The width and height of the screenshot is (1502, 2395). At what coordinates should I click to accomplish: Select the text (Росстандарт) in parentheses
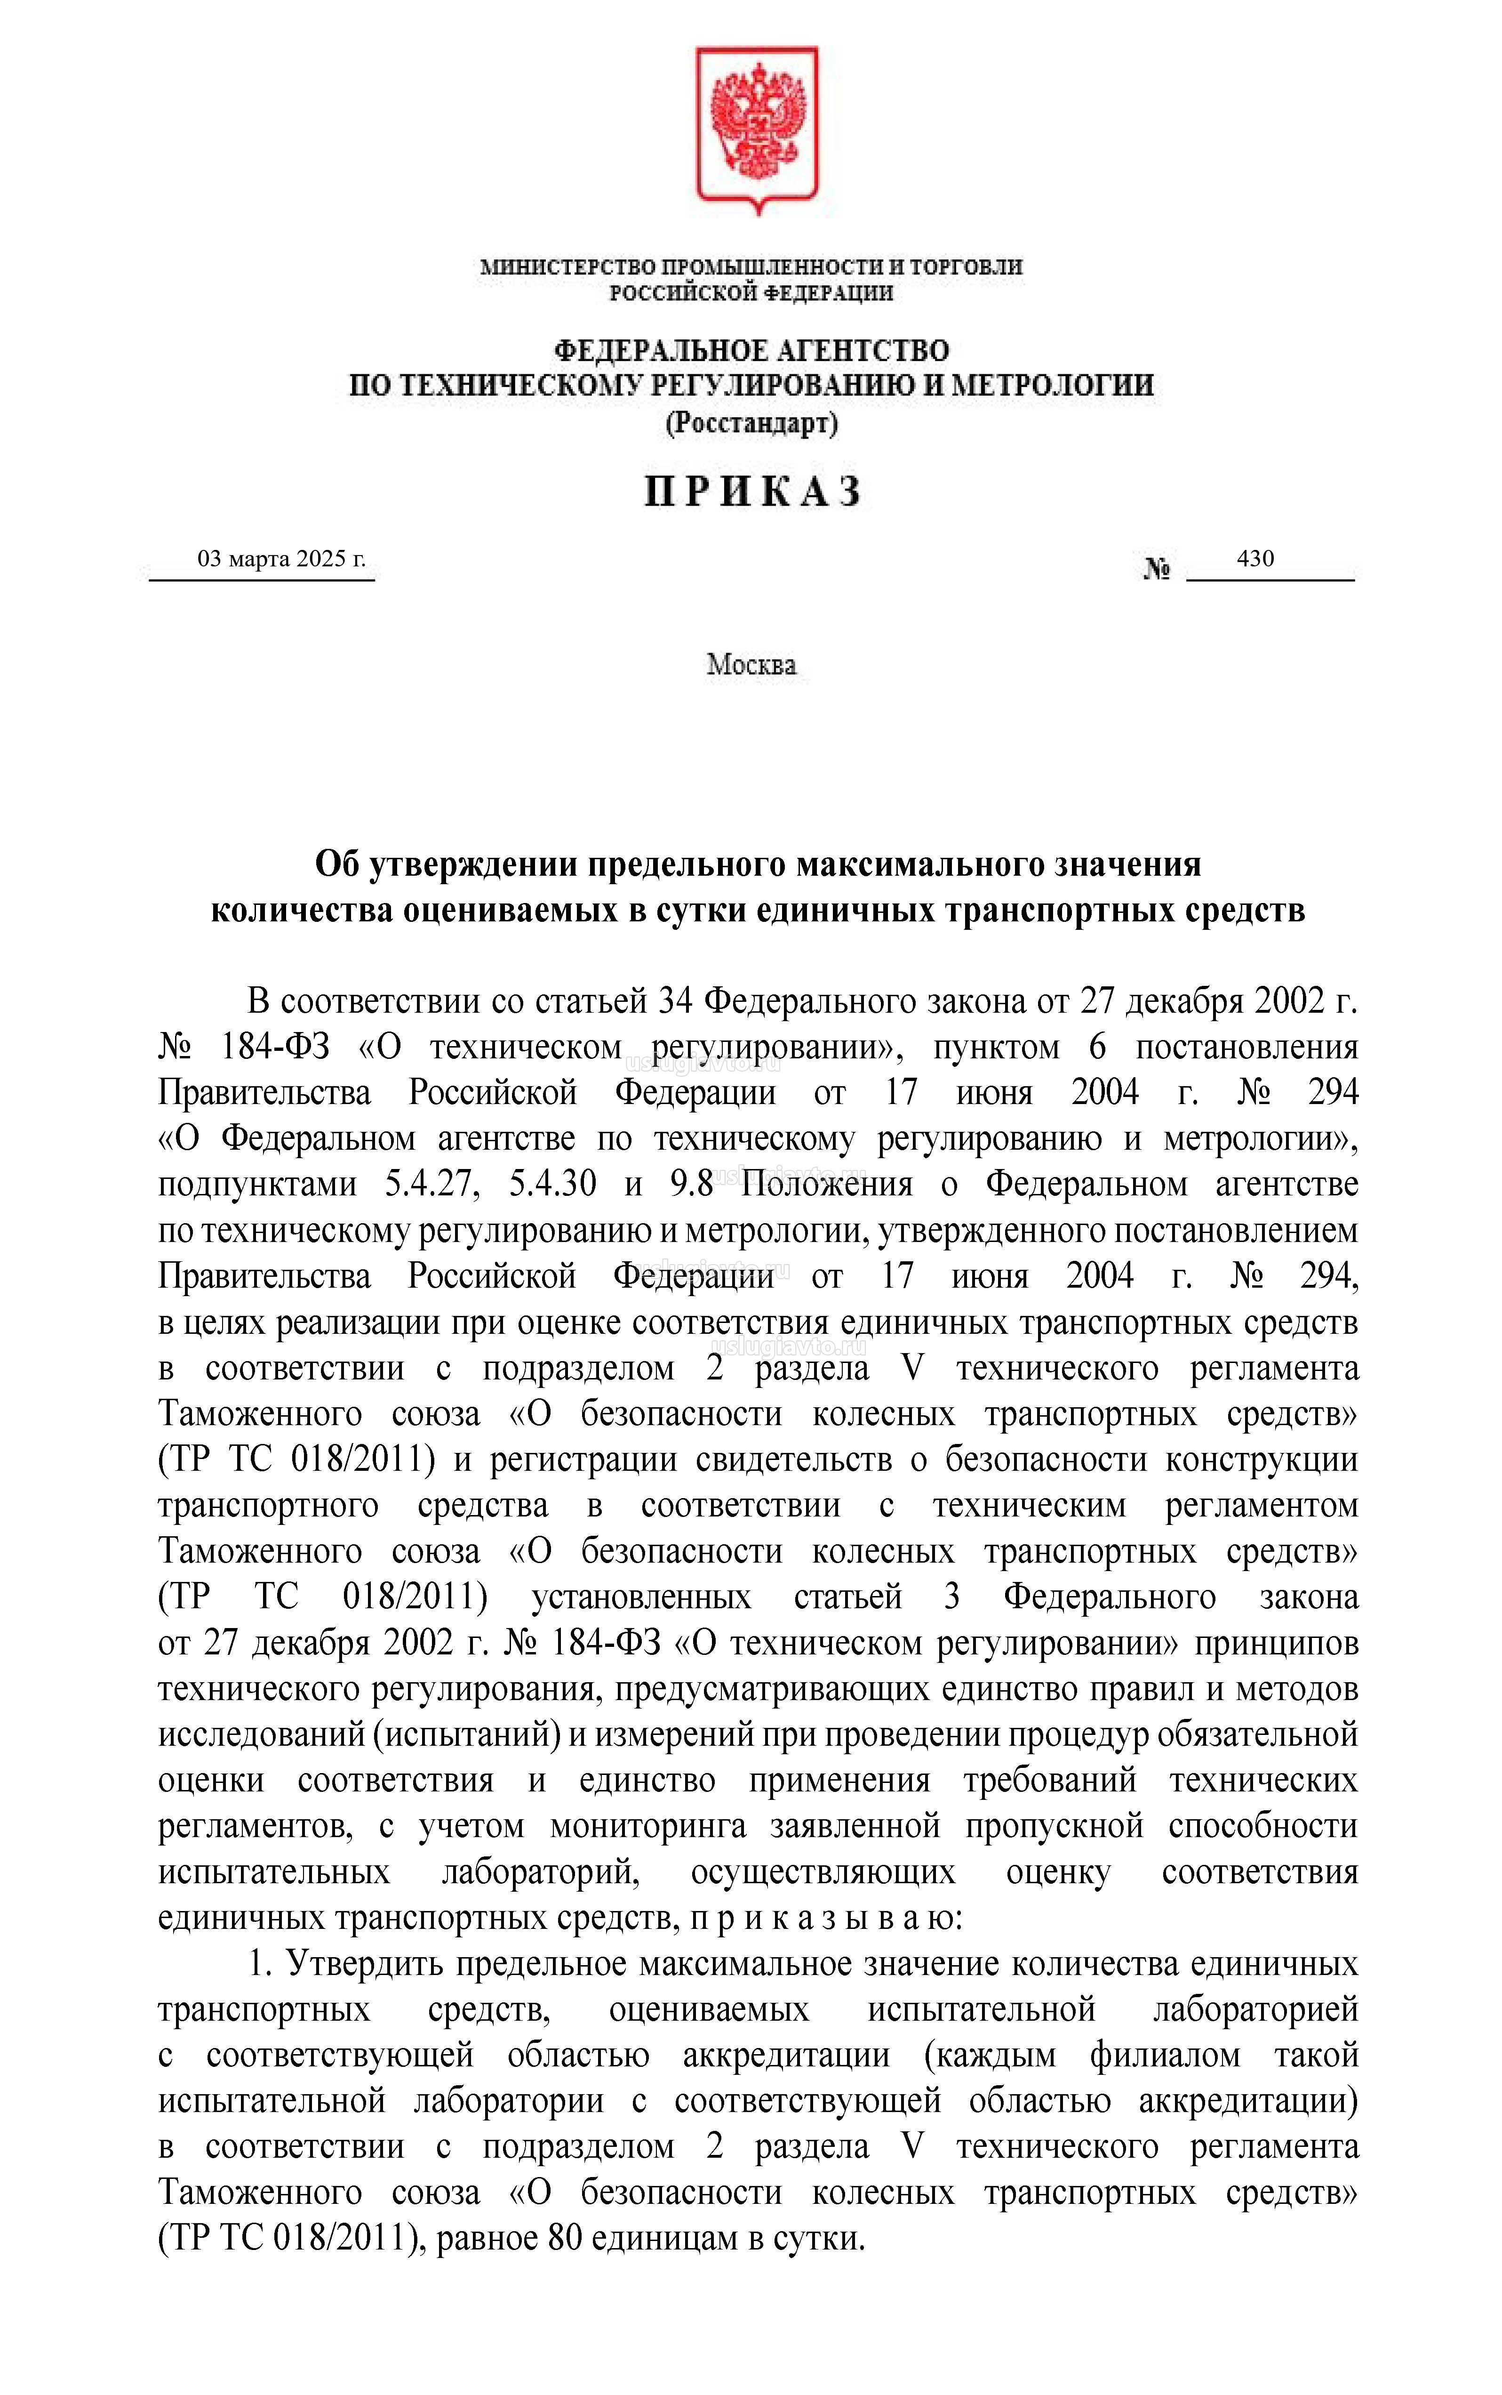click(x=752, y=424)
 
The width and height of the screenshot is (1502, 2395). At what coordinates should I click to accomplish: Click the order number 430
click(x=1254, y=558)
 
